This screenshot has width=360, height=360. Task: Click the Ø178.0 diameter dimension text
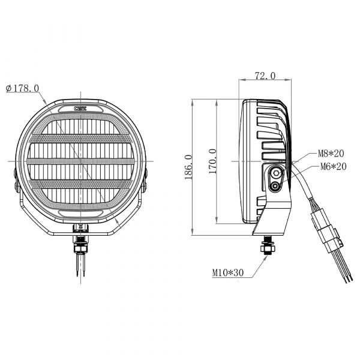[22, 88]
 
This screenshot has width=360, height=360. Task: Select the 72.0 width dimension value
[265, 76]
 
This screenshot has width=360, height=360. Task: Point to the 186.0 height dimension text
[188, 167]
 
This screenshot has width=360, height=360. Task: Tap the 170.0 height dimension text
[213, 161]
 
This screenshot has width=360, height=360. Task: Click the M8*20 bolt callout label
[331, 154]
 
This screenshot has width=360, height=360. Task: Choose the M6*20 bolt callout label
[333, 166]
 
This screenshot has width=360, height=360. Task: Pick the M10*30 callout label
[228, 272]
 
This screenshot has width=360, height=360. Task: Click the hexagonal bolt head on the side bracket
[275, 173]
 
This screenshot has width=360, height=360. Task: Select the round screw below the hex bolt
[275, 186]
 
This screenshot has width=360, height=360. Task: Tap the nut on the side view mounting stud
[266, 248]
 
